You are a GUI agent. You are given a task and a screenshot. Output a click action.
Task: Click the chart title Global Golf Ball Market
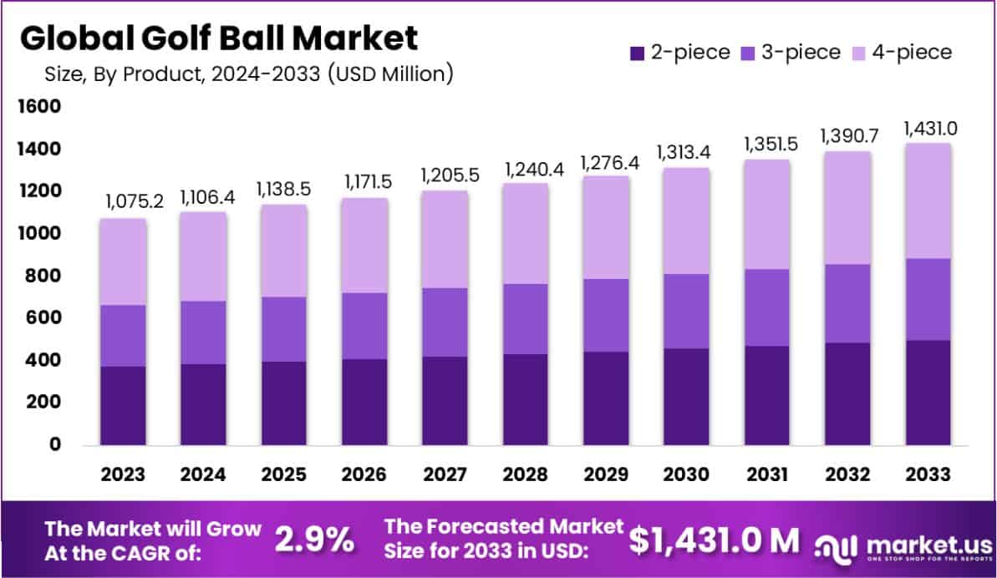click(x=218, y=38)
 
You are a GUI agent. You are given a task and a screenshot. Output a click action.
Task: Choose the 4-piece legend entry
click(x=900, y=53)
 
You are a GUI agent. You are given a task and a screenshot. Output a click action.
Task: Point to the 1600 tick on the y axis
click(x=38, y=106)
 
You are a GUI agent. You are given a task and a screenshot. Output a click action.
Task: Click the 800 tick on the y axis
click(x=42, y=276)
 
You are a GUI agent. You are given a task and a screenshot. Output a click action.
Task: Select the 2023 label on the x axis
click(x=124, y=474)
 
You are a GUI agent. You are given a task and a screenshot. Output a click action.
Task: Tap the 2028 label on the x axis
click(x=526, y=474)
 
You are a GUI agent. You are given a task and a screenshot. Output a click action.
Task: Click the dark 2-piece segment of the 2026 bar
click(x=365, y=402)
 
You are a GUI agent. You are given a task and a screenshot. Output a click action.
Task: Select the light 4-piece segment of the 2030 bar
click(x=687, y=221)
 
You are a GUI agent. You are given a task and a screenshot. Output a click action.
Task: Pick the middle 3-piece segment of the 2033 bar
click(x=928, y=299)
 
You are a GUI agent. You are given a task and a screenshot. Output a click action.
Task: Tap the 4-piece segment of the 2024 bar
click(x=204, y=256)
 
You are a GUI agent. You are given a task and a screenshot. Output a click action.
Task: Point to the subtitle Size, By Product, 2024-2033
click(x=248, y=74)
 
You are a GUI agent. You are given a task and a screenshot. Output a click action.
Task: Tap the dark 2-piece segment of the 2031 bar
click(x=767, y=395)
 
